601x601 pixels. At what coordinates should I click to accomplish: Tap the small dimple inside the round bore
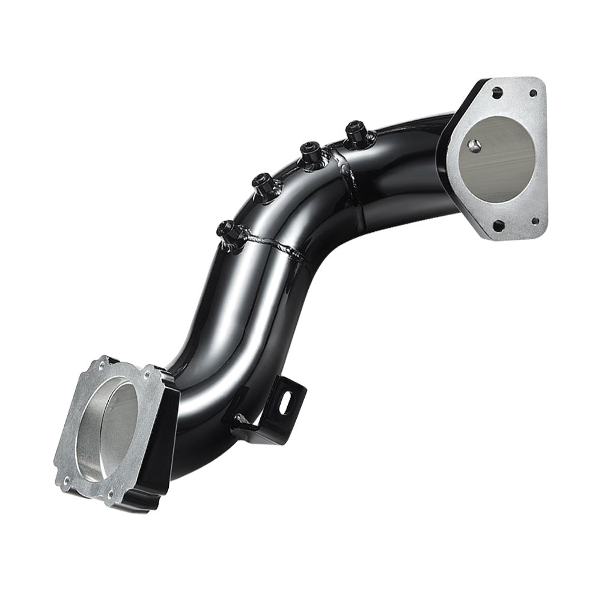click(x=475, y=145)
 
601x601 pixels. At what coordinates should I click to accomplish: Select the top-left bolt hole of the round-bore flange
click(x=496, y=94)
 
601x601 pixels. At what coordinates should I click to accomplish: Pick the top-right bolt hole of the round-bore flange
click(x=532, y=93)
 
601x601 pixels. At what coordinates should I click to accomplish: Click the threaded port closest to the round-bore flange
click(x=353, y=129)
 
